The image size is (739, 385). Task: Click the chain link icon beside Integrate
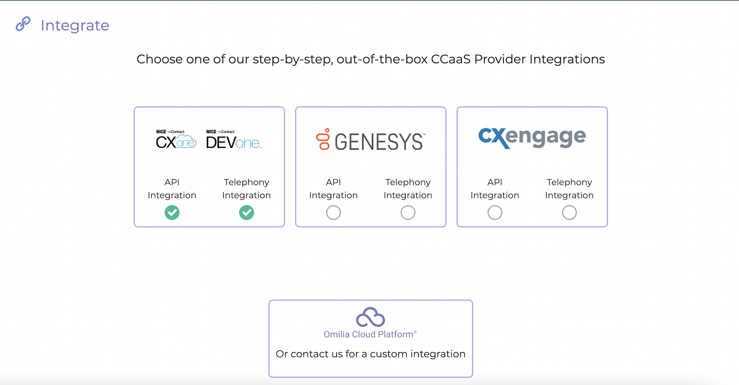pos(23,24)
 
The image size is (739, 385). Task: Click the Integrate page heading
pos(75,25)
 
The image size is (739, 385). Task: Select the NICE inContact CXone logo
pos(176,139)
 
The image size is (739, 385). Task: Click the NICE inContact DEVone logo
pos(234,139)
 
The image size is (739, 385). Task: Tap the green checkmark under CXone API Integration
pos(172,213)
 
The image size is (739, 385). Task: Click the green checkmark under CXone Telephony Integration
pos(246,213)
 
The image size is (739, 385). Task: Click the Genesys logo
pos(371,140)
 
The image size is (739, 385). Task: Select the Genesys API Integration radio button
pos(333,213)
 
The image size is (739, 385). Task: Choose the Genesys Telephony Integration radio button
pos(408,213)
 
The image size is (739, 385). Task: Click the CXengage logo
pos(532,138)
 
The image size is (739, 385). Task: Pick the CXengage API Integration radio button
pos(495,213)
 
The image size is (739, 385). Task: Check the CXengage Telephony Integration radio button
pos(569,213)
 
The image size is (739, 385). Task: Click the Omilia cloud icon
pos(370,317)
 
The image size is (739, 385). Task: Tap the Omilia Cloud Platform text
pos(369,334)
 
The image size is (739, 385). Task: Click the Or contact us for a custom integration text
pos(370,354)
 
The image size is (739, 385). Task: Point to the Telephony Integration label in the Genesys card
pos(408,188)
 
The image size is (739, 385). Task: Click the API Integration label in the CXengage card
pos(495,188)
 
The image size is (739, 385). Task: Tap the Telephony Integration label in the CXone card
pos(246,188)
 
